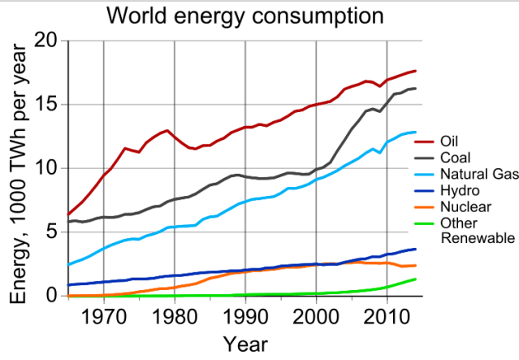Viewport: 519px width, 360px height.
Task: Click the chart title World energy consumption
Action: tap(235, 15)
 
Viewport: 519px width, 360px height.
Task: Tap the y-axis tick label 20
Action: tap(46, 41)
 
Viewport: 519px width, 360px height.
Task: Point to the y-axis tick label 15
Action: tap(46, 105)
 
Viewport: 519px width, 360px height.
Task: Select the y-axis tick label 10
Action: tap(46, 168)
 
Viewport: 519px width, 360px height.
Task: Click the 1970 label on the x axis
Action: tap(104, 315)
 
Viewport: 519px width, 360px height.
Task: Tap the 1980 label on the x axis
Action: tap(175, 315)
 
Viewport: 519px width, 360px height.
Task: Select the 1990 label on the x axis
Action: tap(245, 315)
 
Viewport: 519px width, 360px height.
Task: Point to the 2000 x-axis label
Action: tap(316, 315)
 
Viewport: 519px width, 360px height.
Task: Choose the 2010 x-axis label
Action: tap(387, 315)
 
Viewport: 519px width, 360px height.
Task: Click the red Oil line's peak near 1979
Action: tap(167, 130)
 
